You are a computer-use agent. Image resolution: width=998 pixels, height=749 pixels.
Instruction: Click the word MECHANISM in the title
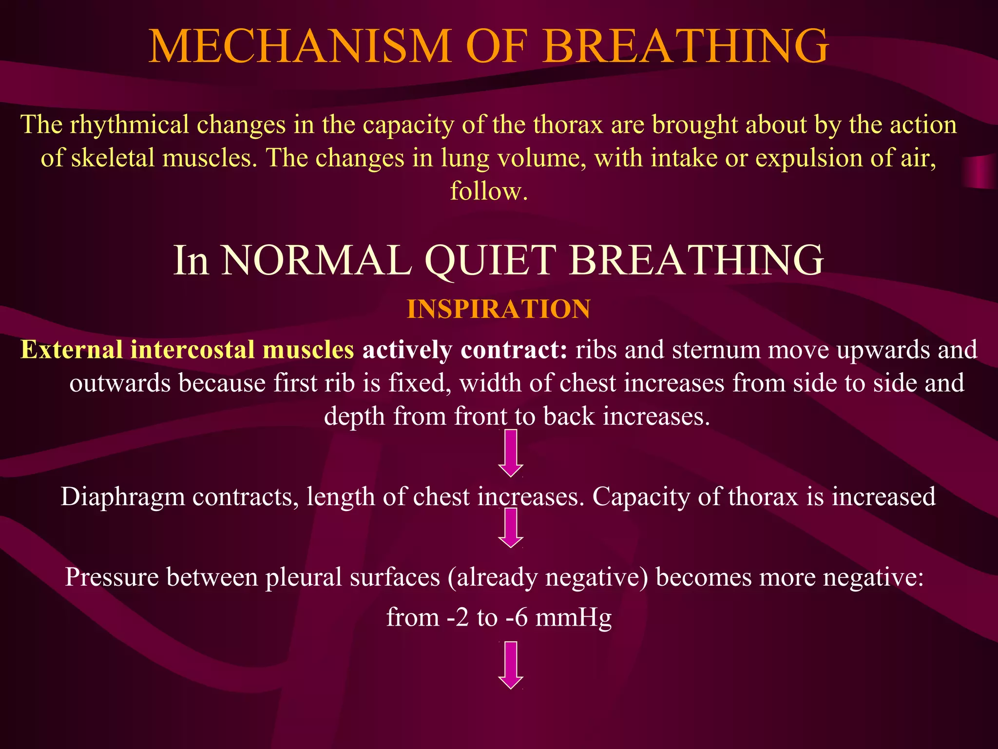(x=299, y=46)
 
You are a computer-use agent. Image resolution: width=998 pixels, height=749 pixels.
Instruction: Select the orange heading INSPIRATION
(x=499, y=309)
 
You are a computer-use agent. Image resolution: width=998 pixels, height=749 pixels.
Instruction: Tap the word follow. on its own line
(x=489, y=191)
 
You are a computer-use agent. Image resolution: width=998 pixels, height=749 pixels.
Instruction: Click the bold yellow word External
(x=72, y=350)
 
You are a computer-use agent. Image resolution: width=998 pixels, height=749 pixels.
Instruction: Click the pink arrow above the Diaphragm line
(x=511, y=453)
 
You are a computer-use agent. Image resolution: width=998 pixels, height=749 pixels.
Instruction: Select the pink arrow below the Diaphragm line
(x=511, y=528)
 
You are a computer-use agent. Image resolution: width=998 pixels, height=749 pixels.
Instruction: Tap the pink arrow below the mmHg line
(x=511, y=665)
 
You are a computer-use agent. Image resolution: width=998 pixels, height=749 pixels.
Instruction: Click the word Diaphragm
(x=123, y=497)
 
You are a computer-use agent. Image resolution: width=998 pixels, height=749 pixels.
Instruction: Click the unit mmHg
(x=573, y=618)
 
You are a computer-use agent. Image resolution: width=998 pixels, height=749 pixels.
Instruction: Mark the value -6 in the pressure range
(x=517, y=618)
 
